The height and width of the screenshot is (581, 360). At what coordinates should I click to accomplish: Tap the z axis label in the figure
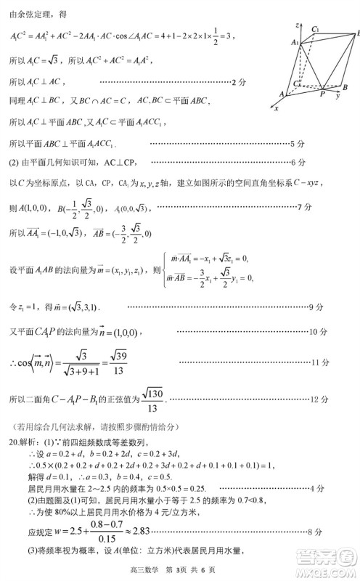298,25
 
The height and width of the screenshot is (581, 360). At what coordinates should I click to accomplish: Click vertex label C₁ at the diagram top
315,28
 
